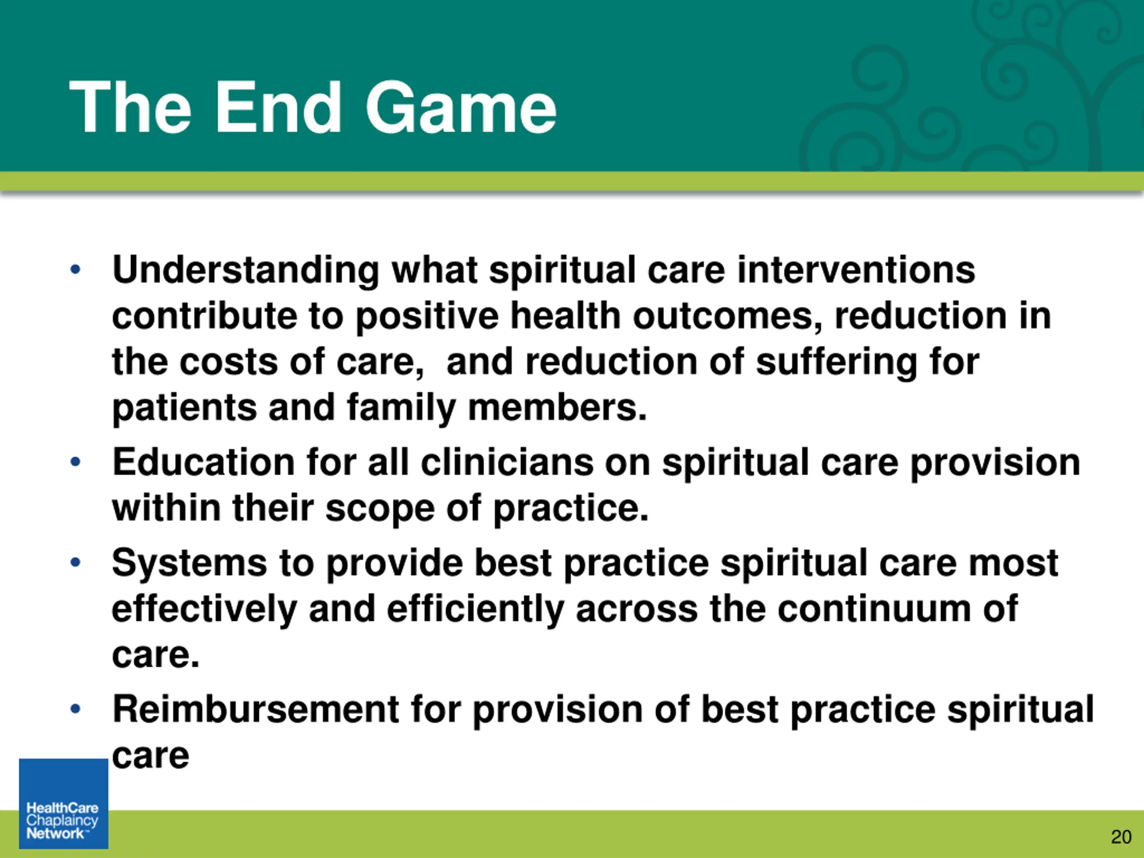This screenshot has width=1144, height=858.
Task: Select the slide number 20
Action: (x=1121, y=836)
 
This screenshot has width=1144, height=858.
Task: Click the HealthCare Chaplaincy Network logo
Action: (x=63, y=803)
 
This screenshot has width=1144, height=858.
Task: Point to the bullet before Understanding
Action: (x=76, y=269)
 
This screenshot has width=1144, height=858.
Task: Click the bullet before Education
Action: (x=76, y=461)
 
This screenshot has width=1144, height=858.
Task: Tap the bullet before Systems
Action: (x=76, y=562)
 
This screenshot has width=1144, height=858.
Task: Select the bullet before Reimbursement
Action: (x=76, y=709)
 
